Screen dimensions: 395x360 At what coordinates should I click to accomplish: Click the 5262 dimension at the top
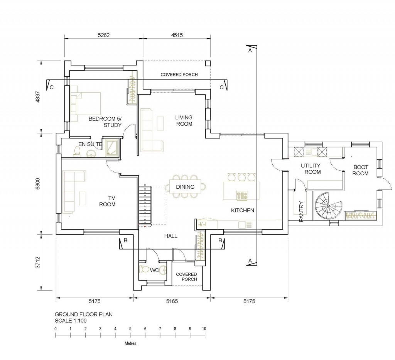click(103, 35)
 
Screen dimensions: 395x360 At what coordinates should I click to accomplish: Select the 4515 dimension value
click(177, 35)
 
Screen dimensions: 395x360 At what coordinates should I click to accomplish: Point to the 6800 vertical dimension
click(37, 184)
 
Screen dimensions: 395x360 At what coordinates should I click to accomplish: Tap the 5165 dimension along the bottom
click(172, 301)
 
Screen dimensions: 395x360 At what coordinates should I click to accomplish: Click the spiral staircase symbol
click(329, 206)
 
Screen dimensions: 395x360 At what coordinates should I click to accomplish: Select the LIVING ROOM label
click(184, 121)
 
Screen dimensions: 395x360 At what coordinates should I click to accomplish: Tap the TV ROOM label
click(107, 201)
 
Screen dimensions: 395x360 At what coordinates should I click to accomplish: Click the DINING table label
click(185, 187)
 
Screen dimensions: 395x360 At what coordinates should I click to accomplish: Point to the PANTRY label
click(301, 211)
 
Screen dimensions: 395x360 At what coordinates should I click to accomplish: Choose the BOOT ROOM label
click(361, 170)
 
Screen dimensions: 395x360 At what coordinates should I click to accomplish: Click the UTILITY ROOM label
click(311, 169)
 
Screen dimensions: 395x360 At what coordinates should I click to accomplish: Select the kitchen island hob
click(242, 196)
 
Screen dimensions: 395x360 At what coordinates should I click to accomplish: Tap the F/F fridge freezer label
click(201, 223)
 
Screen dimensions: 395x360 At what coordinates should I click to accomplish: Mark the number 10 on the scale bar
click(204, 328)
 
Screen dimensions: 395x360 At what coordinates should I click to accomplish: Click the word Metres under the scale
click(130, 343)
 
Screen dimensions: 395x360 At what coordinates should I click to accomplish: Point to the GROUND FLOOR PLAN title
click(84, 314)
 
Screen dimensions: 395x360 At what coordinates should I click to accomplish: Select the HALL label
click(171, 236)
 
